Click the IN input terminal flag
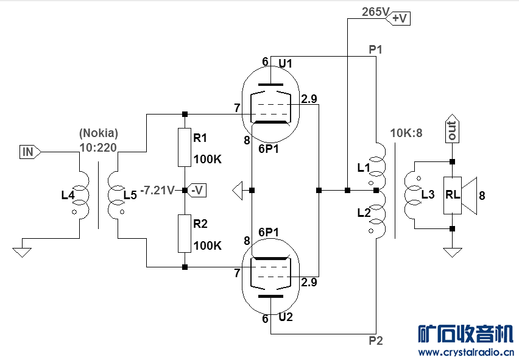pyautogui.click(x=30, y=152)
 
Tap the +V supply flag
pyautogui.click(x=398, y=18)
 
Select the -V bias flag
pyautogui.click(x=196, y=190)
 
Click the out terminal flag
pyautogui.click(x=452, y=129)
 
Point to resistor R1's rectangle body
pyautogui.click(x=185, y=147)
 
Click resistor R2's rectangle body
pyautogui.click(x=185, y=233)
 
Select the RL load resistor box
pyautogui.click(x=452, y=196)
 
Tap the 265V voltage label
pyautogui.click(x=376, y=12)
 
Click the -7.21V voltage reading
pyautogui.click(x=158, y=190)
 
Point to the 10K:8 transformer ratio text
pyautogui.click(x=406, y=133)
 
